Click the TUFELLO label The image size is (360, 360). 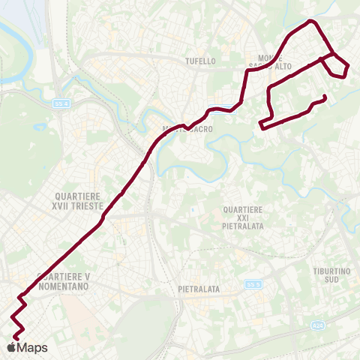coord(201,61)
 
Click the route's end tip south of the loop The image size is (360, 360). coord(324,97)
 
